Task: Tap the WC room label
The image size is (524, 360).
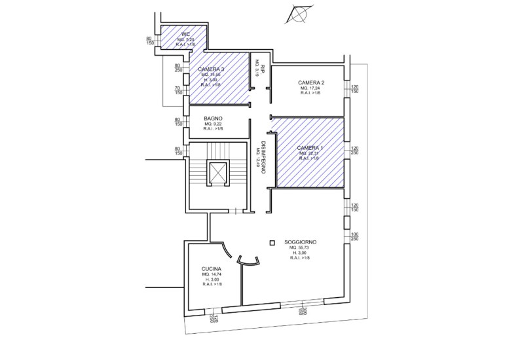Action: (186, 33)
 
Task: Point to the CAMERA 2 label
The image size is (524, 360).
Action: (311, 82)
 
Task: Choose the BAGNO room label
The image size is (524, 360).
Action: (214, 118)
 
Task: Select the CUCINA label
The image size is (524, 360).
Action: (212, 270)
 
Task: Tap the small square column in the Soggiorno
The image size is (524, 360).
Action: (272, 243)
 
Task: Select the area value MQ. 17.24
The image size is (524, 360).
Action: (311, 88)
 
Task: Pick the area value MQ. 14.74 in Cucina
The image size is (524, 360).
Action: (212, 275)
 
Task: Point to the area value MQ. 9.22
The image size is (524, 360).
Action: (214, 124)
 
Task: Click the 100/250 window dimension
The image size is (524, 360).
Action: (355, 237)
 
